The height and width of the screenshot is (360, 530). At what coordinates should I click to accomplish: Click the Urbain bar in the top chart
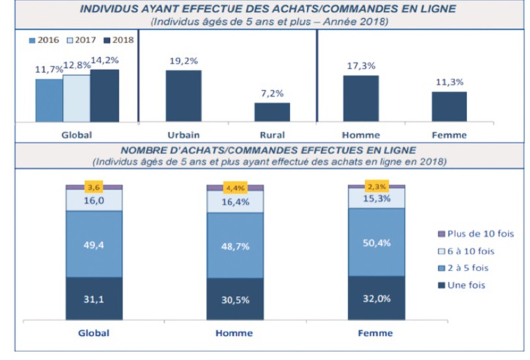[183, 95]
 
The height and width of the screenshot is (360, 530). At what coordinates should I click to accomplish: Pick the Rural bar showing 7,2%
[272, 111]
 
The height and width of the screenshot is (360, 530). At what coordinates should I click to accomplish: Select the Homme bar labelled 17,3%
[361, 98]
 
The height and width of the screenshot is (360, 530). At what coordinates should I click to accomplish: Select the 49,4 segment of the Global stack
[93, 243]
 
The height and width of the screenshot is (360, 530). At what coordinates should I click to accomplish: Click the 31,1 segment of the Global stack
[93, 298]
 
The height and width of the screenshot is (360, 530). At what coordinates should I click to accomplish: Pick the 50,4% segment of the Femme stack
[376, 242]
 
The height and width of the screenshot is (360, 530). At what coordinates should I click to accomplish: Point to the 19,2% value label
[183, 62]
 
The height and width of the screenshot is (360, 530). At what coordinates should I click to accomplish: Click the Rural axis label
[272, 135]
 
